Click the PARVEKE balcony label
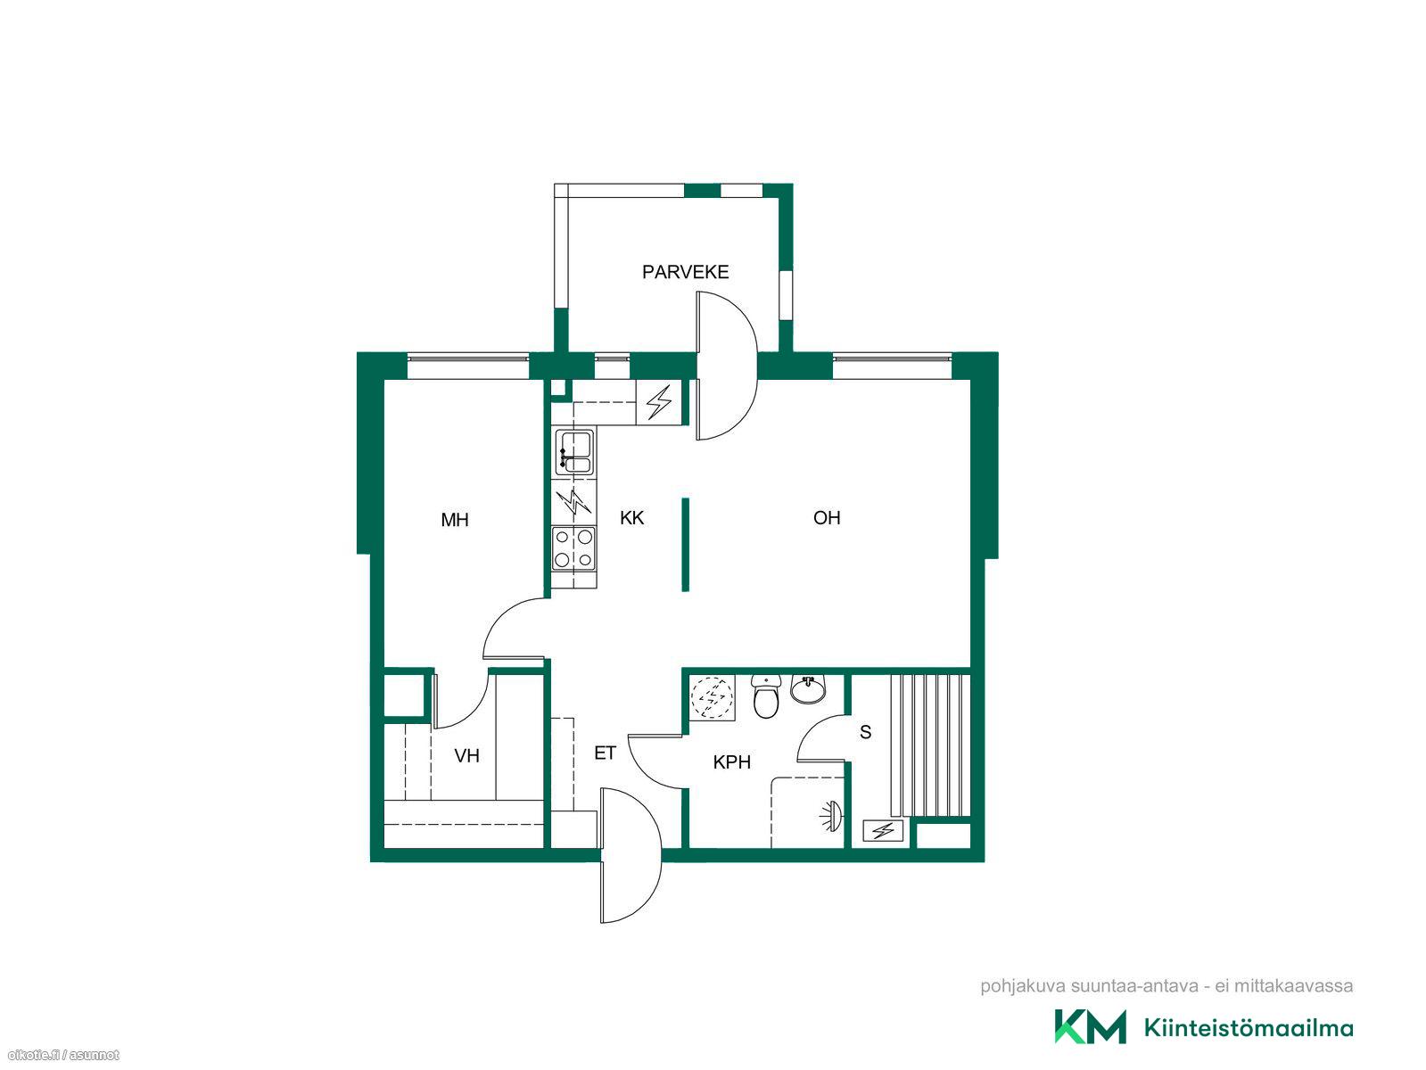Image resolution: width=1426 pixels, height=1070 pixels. (x=685, y=272)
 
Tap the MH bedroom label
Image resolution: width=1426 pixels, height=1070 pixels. (x=454, y=520)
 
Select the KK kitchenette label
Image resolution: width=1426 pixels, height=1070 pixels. (x=631, y=517)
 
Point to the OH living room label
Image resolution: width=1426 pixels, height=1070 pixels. (x=827, y=517)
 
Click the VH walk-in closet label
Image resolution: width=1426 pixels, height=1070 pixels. (x=466, y=756)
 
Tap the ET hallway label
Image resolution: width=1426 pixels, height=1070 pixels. (x=604, y=753)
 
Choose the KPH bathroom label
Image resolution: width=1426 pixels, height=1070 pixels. (x=731, y=762)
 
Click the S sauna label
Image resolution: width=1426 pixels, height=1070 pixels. (x=865, y=732)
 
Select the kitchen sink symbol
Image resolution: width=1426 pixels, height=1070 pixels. (x=573, y=449)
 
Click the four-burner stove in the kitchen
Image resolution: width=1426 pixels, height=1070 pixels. (x=573, y=548)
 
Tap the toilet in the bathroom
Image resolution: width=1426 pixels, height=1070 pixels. (x=766, y=696)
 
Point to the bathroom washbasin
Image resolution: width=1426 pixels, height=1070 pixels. (x=808, y=689)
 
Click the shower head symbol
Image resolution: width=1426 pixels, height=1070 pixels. (x=831, y=816)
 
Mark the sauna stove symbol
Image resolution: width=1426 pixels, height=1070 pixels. (x=882, y=830)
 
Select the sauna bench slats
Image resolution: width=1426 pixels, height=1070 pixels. (x=930, y=745)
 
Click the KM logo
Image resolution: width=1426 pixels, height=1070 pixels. (x=1090, y=1026)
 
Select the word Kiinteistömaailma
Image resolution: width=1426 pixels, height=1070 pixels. (x=1249, y=1028)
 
